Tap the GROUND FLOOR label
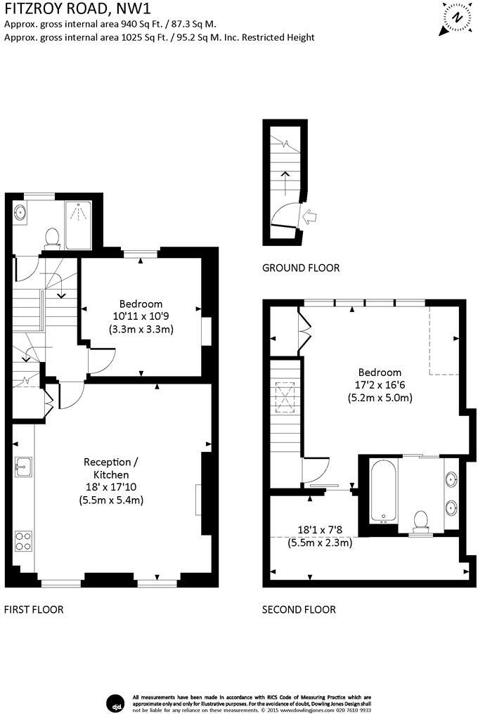301,268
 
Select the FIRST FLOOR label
34,609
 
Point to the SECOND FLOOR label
299,609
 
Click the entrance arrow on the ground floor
309,216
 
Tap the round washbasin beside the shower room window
20,213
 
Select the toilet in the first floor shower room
53,239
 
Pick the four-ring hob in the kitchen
22,541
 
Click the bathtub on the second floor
384,491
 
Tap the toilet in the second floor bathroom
420,522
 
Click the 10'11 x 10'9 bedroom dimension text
141,316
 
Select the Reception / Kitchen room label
111,468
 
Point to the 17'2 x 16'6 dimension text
380,385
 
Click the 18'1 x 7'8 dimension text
319,530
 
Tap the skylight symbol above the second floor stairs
285,395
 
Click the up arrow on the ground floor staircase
285,182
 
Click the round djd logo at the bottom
115,703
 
